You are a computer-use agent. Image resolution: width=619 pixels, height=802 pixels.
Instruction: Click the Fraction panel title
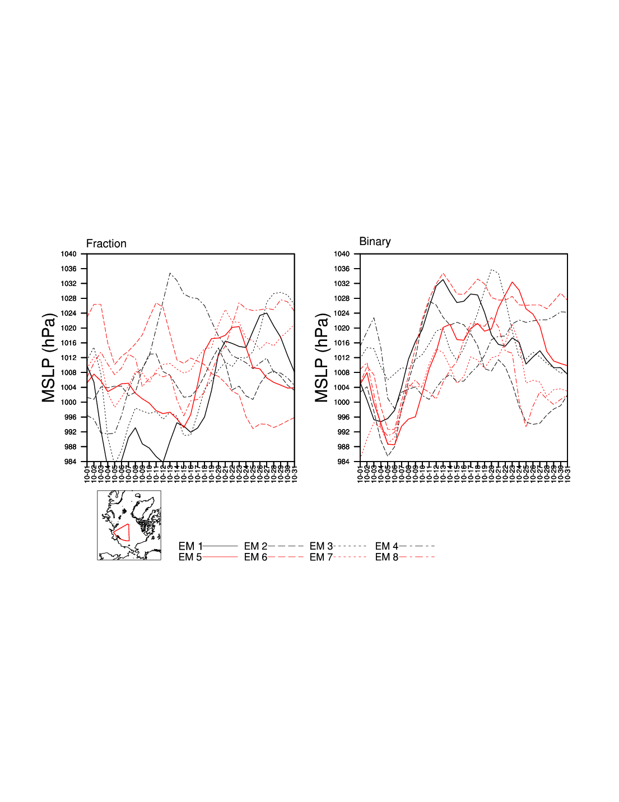point(106,243)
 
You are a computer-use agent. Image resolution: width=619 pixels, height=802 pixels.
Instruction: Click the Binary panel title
point(375,241)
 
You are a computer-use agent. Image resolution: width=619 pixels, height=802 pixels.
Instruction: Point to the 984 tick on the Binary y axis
point(343,462)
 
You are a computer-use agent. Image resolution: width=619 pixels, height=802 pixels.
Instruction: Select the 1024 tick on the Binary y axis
point(342,314)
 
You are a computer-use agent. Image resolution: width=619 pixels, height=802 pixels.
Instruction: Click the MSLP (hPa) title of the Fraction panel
point(49,358)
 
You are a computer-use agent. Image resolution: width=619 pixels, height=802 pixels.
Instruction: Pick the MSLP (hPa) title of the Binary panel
point(322,358)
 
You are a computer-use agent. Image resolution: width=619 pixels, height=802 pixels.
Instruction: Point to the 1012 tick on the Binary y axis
point(342,358)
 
